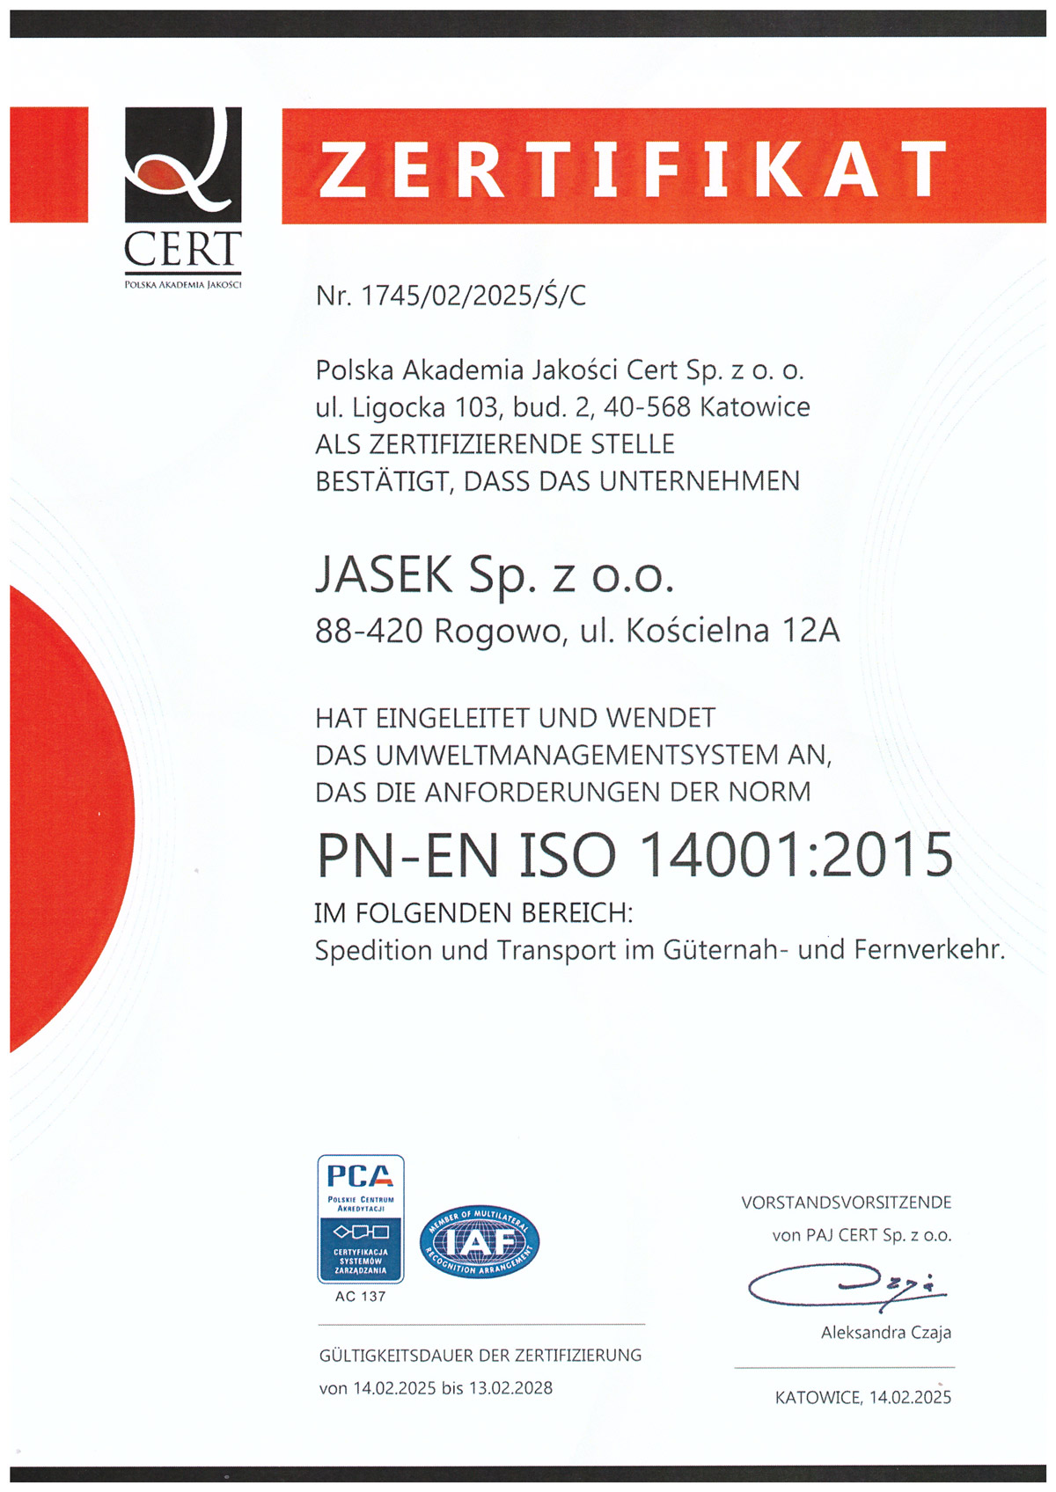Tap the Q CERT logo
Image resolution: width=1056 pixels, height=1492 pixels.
[x=183, y=194]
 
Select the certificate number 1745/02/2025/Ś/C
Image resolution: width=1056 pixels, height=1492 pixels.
[x=473, y=296]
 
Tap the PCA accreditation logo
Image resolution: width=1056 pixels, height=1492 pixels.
[x=361, y=1218]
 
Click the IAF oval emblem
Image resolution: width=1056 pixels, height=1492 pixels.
[x=480, y=1241]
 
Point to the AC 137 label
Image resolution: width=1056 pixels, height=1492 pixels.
[x=361, y=1296]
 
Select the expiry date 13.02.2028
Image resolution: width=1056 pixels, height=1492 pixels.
[x=510, y=1388]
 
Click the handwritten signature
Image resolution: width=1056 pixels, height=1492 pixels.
[x=845, y=1286]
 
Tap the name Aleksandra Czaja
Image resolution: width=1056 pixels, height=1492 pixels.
[x=886, y=1333]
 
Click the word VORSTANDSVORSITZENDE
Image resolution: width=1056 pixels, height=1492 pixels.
[x=847, y=1203]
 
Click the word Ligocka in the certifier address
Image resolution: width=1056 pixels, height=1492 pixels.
[x=400, y=407]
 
